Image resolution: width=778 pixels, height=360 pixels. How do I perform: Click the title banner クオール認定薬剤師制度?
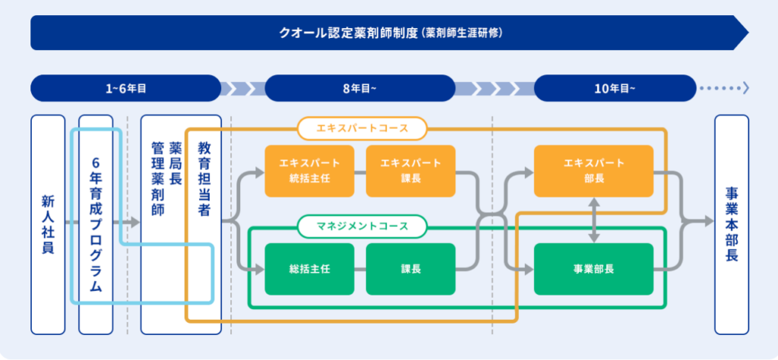coord(390,33)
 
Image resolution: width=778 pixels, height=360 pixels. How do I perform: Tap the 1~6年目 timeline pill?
coord(125,88)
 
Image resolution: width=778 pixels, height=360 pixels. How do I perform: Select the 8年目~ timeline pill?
coord(359,88)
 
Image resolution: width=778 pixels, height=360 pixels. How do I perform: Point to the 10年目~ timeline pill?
coord(615,88)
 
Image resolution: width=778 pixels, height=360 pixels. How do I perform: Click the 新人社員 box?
coord(48,225)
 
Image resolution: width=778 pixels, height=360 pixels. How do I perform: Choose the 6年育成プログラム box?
coord(96,225)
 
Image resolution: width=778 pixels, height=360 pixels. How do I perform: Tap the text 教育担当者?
coord(204,179)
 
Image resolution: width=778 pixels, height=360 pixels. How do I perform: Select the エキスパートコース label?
coord(362,128)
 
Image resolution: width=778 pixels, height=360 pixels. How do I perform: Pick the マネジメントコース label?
coord(362,226)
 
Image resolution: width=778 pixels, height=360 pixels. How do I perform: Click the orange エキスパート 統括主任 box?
coord(310,171)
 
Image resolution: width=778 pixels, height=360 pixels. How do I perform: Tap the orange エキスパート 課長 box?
coord(410,171)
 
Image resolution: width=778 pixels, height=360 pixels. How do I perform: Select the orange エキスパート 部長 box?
coord(593,171)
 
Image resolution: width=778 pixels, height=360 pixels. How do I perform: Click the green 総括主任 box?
coord(310,270)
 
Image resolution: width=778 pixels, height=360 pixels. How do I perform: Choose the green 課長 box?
coord(410,270)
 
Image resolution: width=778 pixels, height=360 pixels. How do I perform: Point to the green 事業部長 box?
coord(593,270)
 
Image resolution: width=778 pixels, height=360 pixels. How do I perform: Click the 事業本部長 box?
coord(732,225)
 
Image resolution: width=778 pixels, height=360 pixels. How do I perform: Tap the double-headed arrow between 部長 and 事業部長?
coord(594,220)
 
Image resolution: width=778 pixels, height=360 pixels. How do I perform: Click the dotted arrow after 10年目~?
coord(724,88)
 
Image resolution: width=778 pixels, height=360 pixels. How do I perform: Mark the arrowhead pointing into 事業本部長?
coord(709,222)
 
